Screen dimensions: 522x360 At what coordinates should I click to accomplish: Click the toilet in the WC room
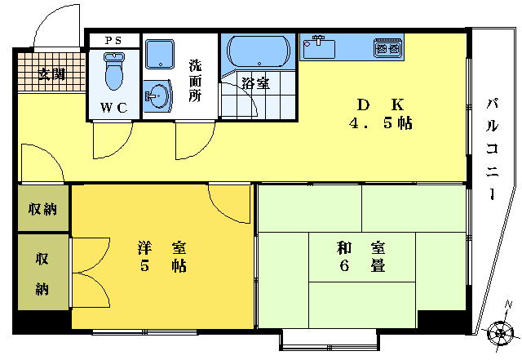114,71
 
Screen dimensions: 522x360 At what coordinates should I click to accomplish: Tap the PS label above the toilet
113,41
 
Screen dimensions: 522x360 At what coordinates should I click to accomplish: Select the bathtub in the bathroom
259,51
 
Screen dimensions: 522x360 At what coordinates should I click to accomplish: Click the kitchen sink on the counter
319,47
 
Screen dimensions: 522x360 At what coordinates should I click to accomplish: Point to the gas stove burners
387,48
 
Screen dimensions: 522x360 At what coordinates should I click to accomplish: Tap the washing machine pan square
160,54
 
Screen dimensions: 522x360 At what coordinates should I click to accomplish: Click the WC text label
113,107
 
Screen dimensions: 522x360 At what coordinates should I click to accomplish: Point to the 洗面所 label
196,80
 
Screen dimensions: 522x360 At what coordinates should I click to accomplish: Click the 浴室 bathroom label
255,83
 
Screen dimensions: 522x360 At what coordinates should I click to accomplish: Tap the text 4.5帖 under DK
381,123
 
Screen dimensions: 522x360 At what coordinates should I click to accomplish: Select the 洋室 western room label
161,248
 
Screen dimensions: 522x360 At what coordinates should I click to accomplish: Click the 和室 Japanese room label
361,248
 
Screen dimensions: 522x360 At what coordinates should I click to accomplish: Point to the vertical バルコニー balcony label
493,149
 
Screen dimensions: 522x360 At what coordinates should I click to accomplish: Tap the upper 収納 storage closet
43,209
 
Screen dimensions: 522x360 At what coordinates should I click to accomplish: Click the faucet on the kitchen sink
319,40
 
